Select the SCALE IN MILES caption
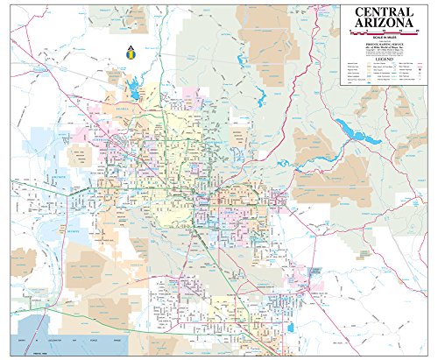385,39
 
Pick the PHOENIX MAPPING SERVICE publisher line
385,45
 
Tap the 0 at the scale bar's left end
350,31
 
